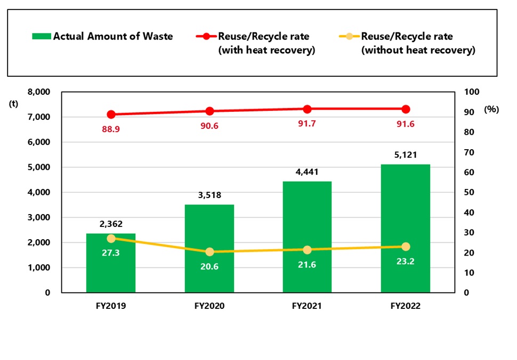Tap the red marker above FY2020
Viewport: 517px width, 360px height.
[209, 111]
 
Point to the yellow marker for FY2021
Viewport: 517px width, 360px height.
[307, 250]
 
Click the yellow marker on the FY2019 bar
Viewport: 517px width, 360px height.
[111, 239]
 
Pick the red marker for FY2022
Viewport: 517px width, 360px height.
[406, 109]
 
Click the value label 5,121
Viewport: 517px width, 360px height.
[406, 155]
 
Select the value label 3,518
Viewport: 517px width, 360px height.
[209, 195]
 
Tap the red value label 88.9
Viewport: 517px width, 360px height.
[111, 128]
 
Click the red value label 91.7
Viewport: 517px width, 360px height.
[307, 124]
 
